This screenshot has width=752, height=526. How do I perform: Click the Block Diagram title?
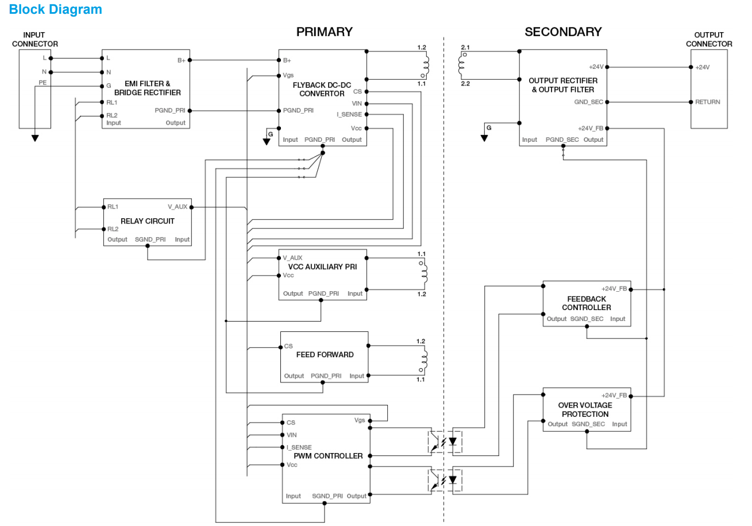56,10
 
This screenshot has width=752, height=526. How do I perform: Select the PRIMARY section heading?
324,32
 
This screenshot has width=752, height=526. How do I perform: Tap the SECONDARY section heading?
562,32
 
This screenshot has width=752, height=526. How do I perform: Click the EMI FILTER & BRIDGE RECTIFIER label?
147,88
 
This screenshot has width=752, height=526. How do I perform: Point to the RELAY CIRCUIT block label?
147,221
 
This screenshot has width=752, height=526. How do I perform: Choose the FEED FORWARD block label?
325,355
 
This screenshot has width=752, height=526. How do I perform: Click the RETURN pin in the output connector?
707,102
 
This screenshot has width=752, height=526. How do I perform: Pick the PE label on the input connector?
43,83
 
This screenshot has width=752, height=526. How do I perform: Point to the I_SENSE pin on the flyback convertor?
349,114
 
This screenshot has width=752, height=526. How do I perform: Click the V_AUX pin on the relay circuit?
177,207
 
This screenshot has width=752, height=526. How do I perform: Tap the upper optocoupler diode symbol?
454,441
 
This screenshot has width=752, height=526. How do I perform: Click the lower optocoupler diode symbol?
454,479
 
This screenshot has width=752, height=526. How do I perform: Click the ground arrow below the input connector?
35,138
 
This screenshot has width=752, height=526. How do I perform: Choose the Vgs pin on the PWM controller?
360,420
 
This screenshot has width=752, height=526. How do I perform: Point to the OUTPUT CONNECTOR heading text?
709,40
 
